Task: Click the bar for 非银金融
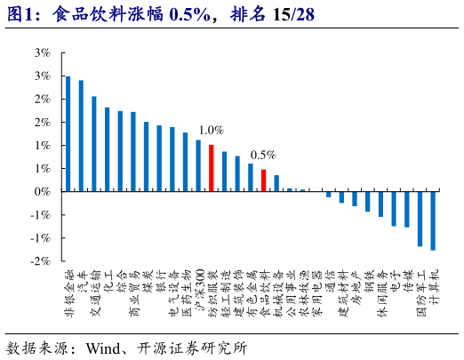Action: pyautogui.click(x=68, y=133)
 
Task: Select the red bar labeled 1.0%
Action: pyautogui.click(x=211, y=168)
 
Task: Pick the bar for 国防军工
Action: pyautogui.click(x=420, y=219)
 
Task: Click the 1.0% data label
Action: pyautogui.click(x=211, y=130)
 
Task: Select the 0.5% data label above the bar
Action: pyautogui.click(x=263, y=154)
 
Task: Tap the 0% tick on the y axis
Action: pyautogui.click(x=42, y=191)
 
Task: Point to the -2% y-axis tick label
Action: pyautogui.click(x=40, y=261)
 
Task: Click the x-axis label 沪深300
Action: pyautogui.click(x=200, y=292)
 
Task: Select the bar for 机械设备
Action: pyautogui.click(x=276, y=183)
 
